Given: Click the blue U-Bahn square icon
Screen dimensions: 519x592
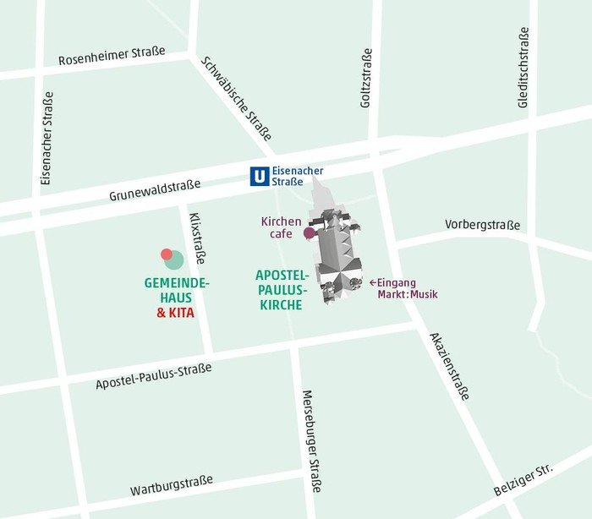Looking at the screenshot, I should pyautogui.click(x=260, y=177).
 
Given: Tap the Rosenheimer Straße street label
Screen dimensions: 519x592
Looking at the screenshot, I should pyautogui.click(x=112, y=57).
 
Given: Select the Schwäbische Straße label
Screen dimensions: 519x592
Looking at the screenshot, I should pyautogui.click(x=237, y=98).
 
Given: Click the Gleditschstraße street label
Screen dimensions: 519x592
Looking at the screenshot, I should pyautogui.click(x=524, y=67).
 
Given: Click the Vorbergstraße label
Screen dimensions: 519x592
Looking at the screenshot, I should pyautogui.click(x=482, y=226).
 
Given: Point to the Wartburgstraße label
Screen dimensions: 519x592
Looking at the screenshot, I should pyautogui.click(x=172, y=485).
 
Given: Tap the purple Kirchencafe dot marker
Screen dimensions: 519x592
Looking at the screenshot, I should pyautogui.click(x=310, y=232).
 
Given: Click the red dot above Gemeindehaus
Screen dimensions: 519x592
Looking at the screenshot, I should pyautogui.click(x=167, y=254).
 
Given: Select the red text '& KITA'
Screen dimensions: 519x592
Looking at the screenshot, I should pyautogui.click(x=175, y=313).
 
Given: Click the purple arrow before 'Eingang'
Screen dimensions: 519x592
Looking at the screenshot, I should pyautogui.click(x=372, y=282).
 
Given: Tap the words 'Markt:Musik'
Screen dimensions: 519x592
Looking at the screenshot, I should pyautogui.click(x=408, y=294).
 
